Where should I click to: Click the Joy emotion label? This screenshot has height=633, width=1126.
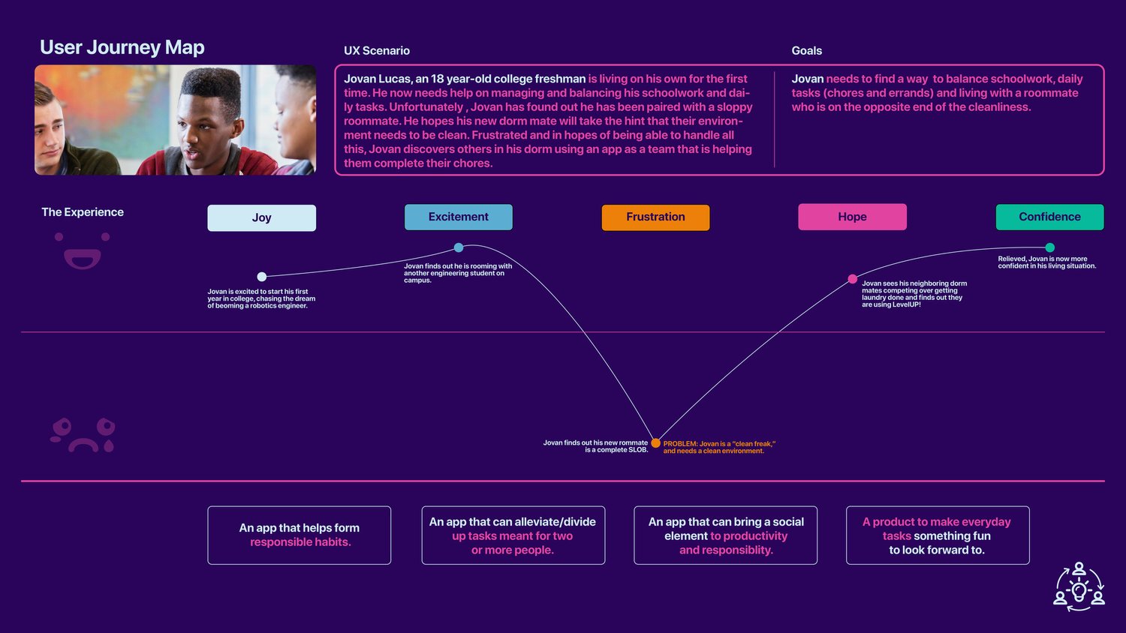click(x=261, y=217)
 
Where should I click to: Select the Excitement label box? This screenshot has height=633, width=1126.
click(x=458, y=217)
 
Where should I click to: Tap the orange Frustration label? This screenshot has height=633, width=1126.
click(x=655, y=217)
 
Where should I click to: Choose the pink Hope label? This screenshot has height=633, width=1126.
click(x=852, y=217)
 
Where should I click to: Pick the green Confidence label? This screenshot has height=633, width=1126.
click(x=1049, y=217)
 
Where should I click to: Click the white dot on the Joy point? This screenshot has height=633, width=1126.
click(x=261, y=277)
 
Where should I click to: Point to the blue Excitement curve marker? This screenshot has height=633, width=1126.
click(x=459, y=247)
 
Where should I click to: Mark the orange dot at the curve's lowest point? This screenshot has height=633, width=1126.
click(x=655, y=443)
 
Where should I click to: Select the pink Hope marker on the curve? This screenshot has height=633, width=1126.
click(x=852, y=279)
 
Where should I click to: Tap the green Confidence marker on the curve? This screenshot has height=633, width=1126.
click(x=1049, y=247)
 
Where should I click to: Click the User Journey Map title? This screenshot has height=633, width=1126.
click(x=122, y=47)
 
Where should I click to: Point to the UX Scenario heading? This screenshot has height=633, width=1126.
click(x=377, y=51)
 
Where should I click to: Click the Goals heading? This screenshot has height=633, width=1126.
click(x=806, y=51)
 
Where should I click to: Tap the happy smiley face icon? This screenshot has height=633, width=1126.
click(x=83, y=251)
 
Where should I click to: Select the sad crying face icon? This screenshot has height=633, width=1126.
click(x=83, y=435)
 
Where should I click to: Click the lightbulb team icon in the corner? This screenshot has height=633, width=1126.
click(x=1079, y=586)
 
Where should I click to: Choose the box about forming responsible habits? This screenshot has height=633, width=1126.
click(x=299, y=535)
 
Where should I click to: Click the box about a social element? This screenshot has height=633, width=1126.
click(x=725, y=535)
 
